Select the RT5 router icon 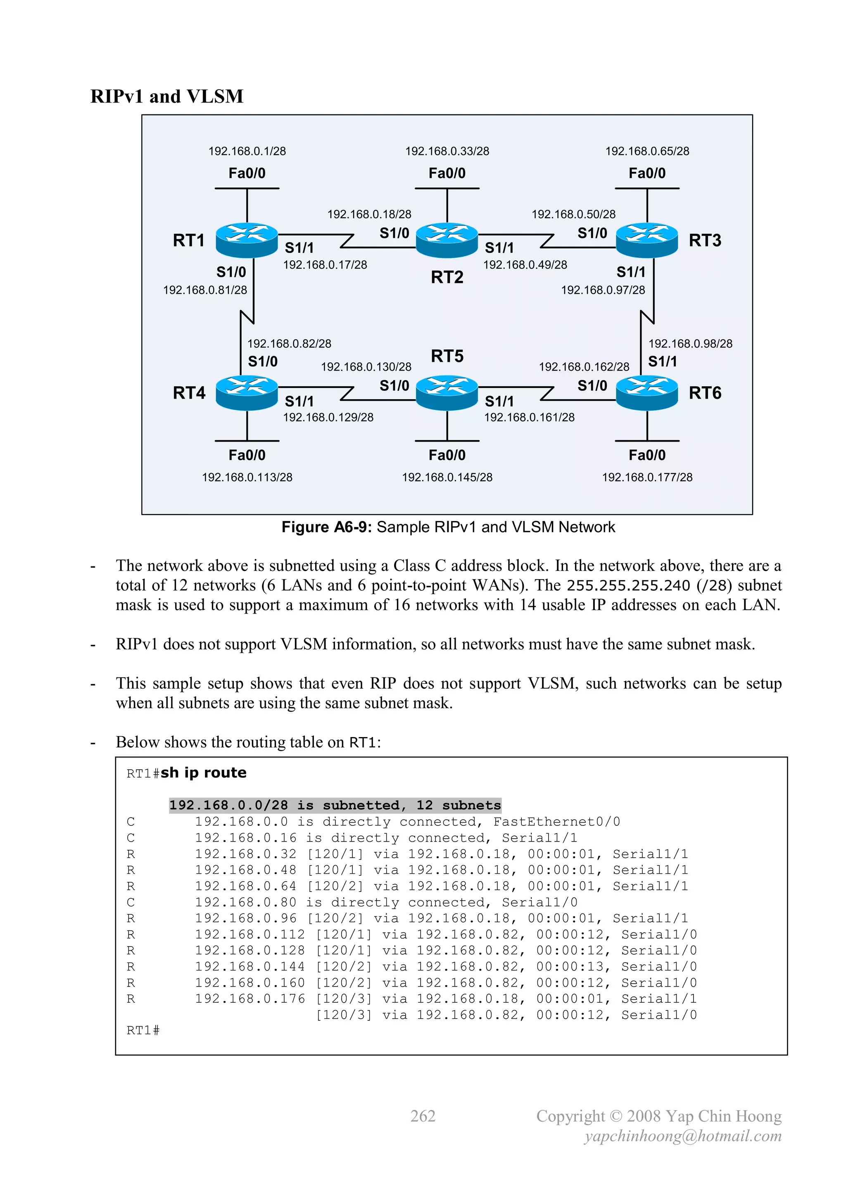447,393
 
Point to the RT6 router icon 647,393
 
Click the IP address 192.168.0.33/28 447,151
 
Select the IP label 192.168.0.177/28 647,477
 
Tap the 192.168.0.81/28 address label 205,290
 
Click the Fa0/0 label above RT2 447,173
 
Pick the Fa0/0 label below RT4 247,455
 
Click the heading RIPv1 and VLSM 167,96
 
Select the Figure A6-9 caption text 448,527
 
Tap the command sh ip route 203,773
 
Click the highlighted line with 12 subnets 335,805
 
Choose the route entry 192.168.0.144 250,967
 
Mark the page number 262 423,1116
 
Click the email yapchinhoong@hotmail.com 682,1136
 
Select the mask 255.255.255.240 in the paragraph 628,585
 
